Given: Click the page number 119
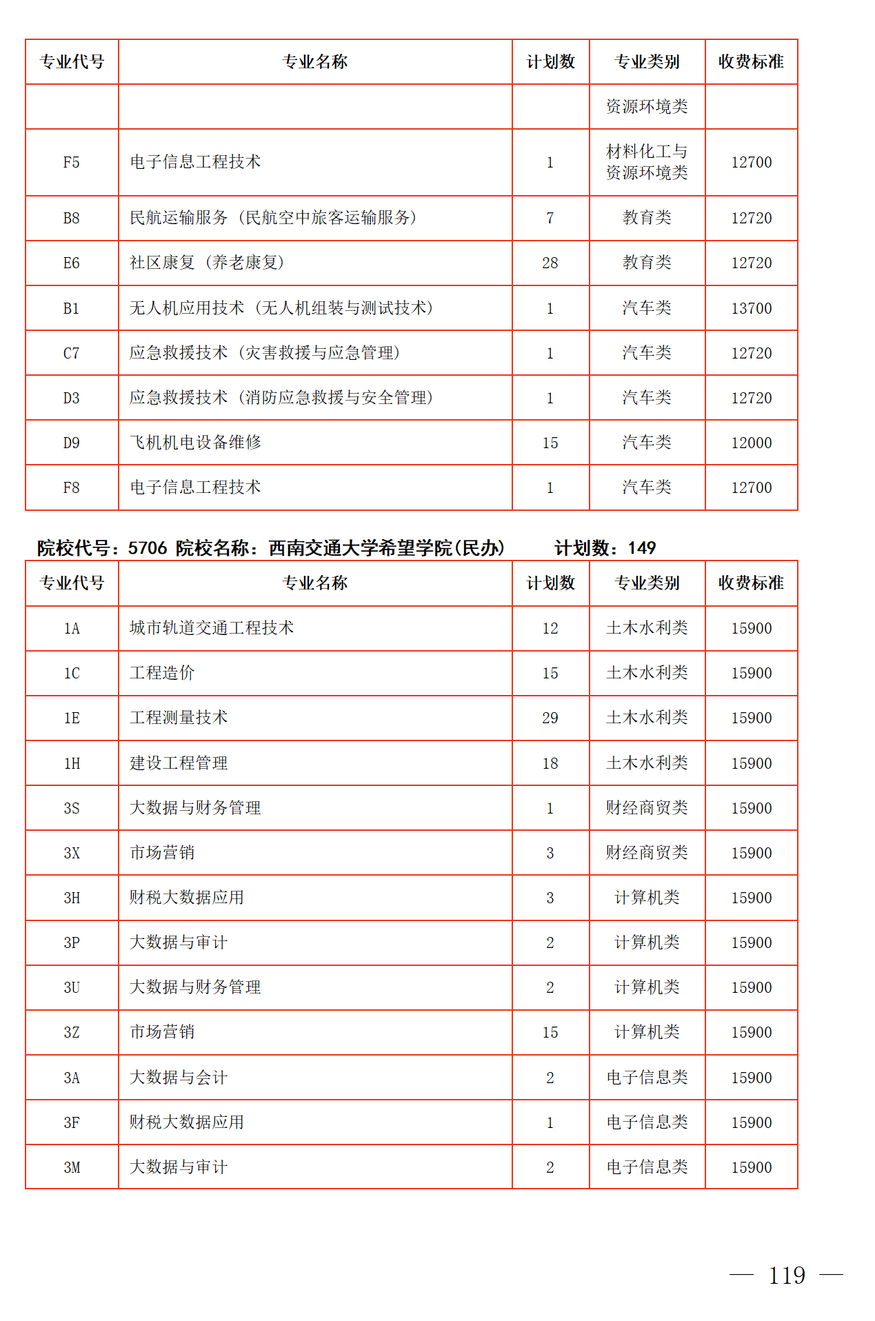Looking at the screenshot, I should point(787,1275).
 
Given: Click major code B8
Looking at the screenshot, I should point(72,219).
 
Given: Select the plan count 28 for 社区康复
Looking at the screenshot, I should point(550,263).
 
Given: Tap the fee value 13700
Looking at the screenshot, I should point(751,308).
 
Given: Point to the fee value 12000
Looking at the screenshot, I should point(751,443).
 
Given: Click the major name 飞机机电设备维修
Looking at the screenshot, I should point(195,443).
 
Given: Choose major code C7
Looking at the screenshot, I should point(72,353).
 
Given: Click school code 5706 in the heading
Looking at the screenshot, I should point(148,548).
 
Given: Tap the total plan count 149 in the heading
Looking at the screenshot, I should point(641,548).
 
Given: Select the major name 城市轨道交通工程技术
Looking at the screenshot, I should point(212,628).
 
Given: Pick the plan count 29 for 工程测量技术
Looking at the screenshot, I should point(550,718).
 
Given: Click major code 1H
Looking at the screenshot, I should point(72,763).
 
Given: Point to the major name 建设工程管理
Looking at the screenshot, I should point(179,763).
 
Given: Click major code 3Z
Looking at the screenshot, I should point(72,1032).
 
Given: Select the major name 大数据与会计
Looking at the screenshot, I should point(179,1078).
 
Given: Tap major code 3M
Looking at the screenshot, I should point(72,1167).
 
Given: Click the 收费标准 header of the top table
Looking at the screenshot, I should point(751,62).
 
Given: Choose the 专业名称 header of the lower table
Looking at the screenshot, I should point(315,583).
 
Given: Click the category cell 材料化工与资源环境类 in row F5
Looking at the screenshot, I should point(647,162).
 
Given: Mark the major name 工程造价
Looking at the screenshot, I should point(162,673).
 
